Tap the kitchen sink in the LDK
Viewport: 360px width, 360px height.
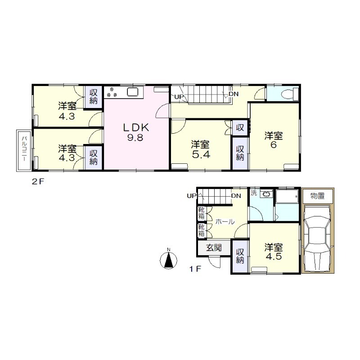click(x=133, y=92)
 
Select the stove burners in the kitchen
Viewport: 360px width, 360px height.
click(x=112, y=92)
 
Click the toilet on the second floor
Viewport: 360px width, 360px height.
click(x=290, y=94)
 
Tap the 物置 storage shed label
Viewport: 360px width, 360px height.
click(x=318, y=196)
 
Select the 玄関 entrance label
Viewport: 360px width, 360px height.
click(x=214, y=247)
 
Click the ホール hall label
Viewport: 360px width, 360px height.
click(x=225, y=222)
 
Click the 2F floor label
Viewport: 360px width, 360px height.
click(x=38, y=182)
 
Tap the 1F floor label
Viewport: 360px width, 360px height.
click(x=195, y=269)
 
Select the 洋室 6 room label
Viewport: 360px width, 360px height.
click(x=274, y=140)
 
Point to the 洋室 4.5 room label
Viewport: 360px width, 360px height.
click(x=274, y=252)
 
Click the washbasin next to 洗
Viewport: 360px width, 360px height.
click(x=266, y=194)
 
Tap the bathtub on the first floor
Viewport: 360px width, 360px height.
click(x=287, y=196)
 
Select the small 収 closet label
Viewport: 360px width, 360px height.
click(x=240, y=127)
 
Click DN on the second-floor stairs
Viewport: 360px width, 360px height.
click(x=234, y=94)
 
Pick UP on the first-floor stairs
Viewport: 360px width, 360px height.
click(x=192, y=196)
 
